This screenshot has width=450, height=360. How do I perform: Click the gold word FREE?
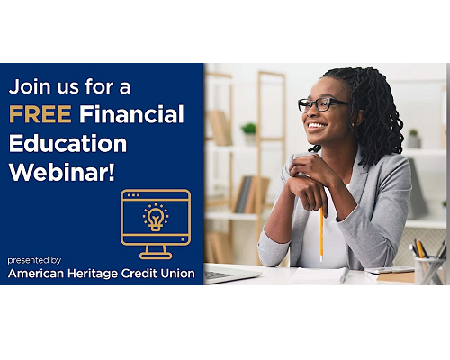point(40,114)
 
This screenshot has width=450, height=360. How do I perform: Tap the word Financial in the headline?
point(131,114)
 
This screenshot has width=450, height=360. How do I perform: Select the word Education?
point(67,143)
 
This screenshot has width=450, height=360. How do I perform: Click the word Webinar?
point(62,173)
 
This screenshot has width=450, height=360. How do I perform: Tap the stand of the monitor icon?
point(156,252)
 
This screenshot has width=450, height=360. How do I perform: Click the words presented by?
point(34,260)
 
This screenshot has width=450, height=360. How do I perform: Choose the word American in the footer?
point(36,274)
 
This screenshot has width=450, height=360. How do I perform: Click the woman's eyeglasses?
point(322,104)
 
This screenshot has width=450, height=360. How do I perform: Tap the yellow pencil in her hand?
point(321,234)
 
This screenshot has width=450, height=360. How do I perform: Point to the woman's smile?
point(317,125)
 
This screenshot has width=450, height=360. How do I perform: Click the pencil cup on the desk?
point(430,271)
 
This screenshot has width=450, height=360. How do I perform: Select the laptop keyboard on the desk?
point(217,274)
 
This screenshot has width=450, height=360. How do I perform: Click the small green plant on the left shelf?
point(249,129)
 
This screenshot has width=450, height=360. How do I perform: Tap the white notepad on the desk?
point(319,275)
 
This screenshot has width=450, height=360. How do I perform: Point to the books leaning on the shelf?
point(251,194)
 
